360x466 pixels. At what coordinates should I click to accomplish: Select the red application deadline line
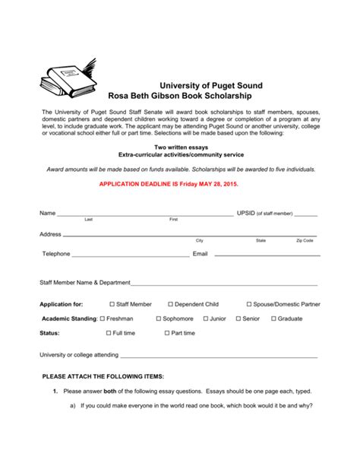pos(179,184)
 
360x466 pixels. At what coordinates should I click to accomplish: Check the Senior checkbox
pos(238,319)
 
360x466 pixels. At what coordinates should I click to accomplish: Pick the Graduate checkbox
pos(273,319)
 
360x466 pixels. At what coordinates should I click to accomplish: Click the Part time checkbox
pos(168,333)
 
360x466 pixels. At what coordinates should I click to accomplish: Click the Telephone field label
pos(56,254)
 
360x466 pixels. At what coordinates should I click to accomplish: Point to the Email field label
pos(201,254)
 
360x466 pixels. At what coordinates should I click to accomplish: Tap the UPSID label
pos(246,214)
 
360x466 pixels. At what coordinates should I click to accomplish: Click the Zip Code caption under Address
pos(305,240)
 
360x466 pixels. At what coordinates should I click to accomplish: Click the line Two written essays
pos(179,147)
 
